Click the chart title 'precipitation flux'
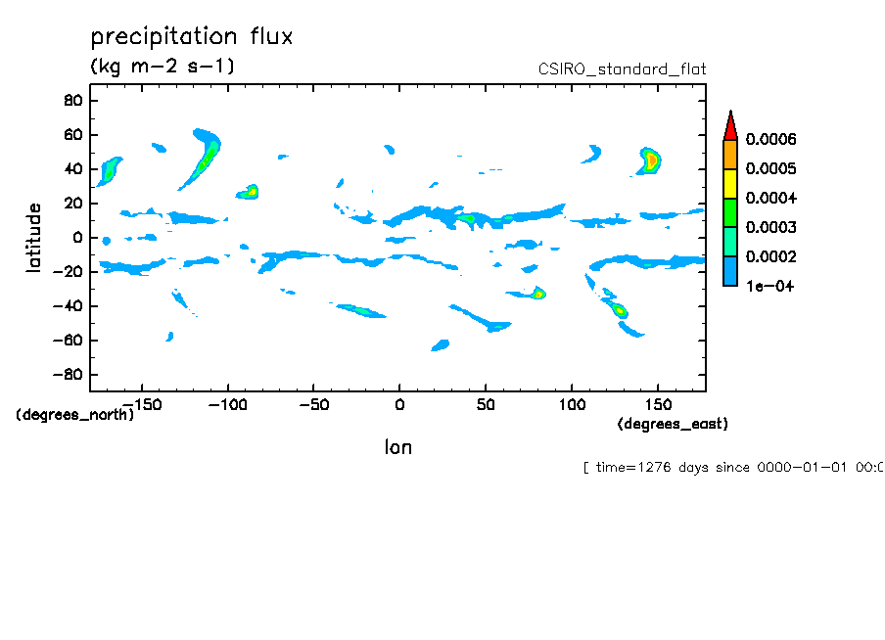(192, 37)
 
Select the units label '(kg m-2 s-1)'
(162, 67)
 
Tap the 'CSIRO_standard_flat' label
(622, 69)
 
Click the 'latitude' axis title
(34, 238)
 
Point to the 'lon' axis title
(397, 447)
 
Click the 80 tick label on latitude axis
(71, 100)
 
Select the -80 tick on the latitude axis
(68, 375)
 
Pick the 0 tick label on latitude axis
(75, 238)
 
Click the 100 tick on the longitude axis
(572, 403)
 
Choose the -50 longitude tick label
(312, 403)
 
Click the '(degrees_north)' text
(75, 414)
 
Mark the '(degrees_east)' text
(673, 424)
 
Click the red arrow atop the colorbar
(729, 124)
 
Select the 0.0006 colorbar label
(770, 140)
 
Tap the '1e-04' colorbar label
(769, 287)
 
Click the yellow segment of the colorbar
(729, 184)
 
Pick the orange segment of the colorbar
(729, 155)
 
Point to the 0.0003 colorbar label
(770, 228)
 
